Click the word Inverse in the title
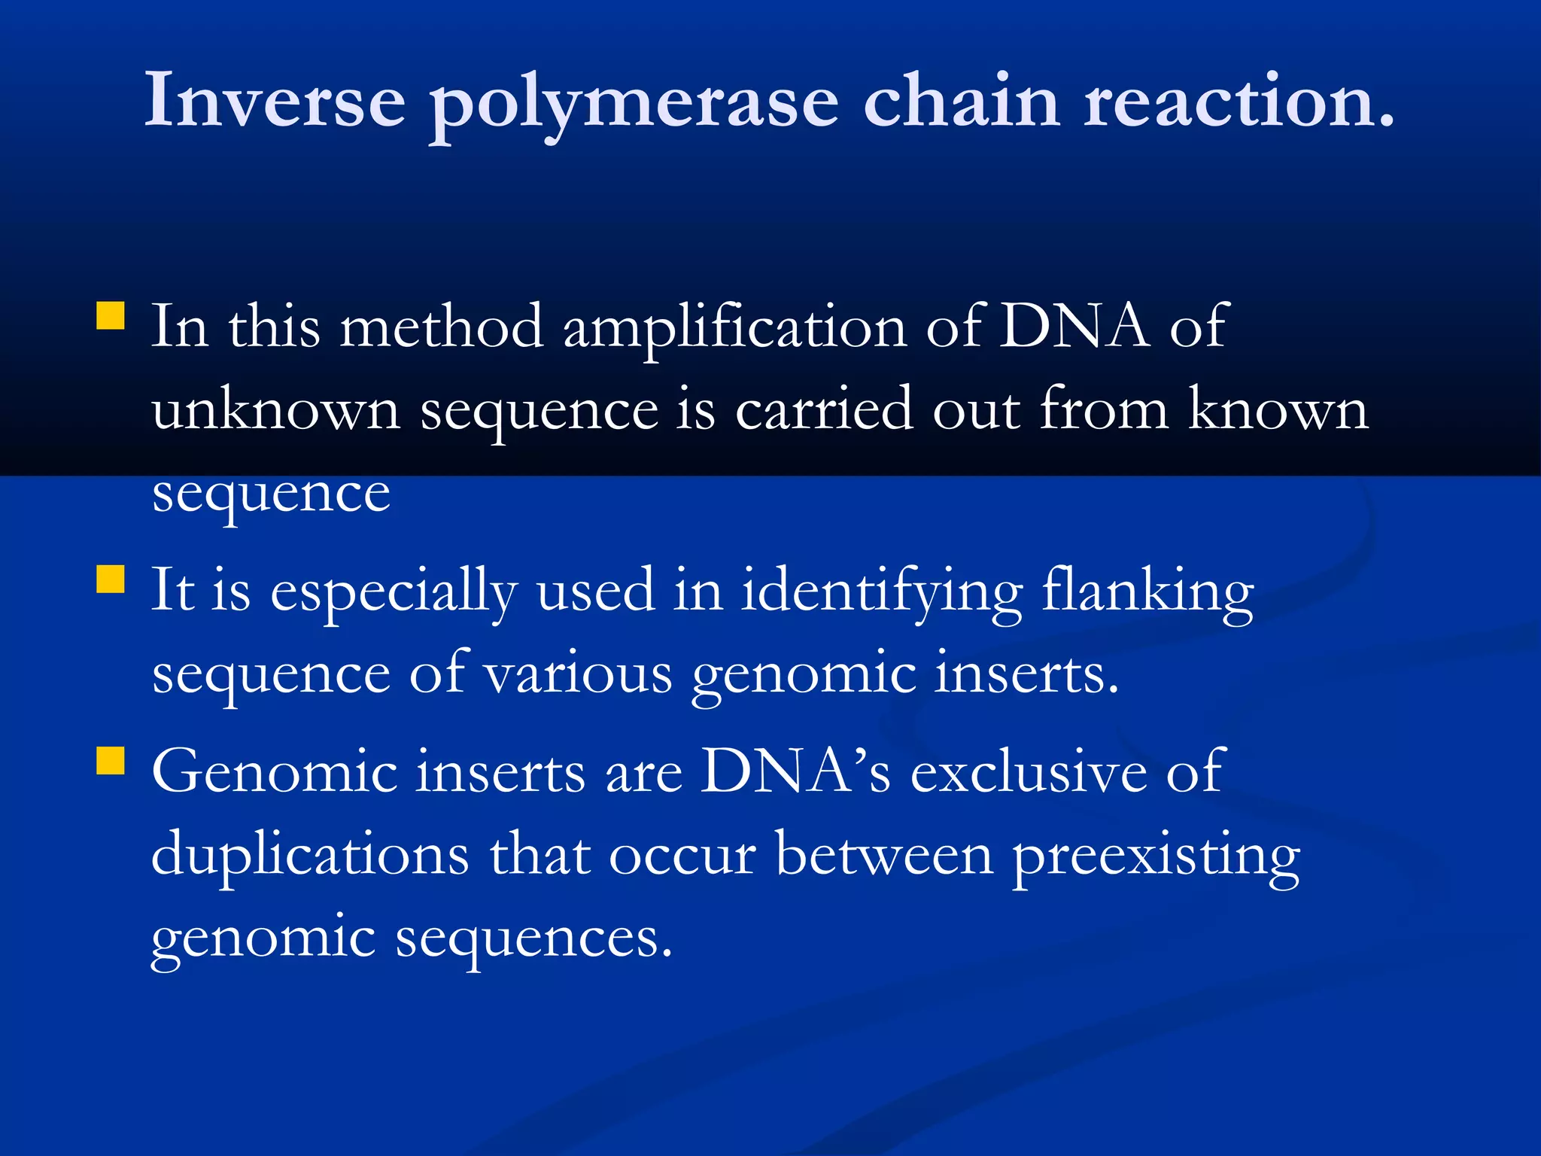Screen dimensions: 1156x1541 (275, 100)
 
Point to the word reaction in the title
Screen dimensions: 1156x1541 (1238, 100)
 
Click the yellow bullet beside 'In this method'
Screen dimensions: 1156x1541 (111, 316)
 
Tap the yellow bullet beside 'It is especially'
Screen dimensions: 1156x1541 (111, 580)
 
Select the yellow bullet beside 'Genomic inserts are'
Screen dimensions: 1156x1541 (111, 760)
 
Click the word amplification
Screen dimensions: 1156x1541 (735, 329)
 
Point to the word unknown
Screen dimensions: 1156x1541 (275, 410)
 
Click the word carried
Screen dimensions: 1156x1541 (824, 410)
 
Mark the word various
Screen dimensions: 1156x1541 (578, 674)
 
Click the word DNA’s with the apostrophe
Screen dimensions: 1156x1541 (795, 771)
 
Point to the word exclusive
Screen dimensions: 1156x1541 (1029, 771)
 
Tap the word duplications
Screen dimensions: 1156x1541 (310, 854)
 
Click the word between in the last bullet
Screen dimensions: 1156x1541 (884, 854)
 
